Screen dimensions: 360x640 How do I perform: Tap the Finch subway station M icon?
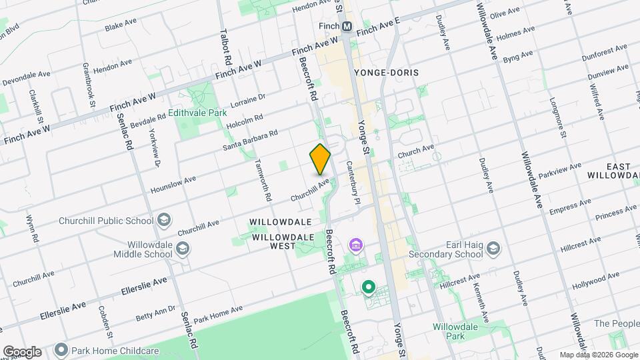[x=347, y=26]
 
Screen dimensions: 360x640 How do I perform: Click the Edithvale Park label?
[x=197, y=113]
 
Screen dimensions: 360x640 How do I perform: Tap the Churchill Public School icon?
[x=163, y=221]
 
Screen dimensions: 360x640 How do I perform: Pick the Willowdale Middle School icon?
[x=183, y=249]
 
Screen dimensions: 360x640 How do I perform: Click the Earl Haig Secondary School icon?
[x=493, y=249]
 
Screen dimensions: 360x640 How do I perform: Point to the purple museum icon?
[x=356, y=246]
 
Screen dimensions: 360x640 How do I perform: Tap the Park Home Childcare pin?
[x=61, y=349]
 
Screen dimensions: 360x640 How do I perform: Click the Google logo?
[x=21, y=352]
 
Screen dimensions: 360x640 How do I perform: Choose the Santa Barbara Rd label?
[x=250, y=140]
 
